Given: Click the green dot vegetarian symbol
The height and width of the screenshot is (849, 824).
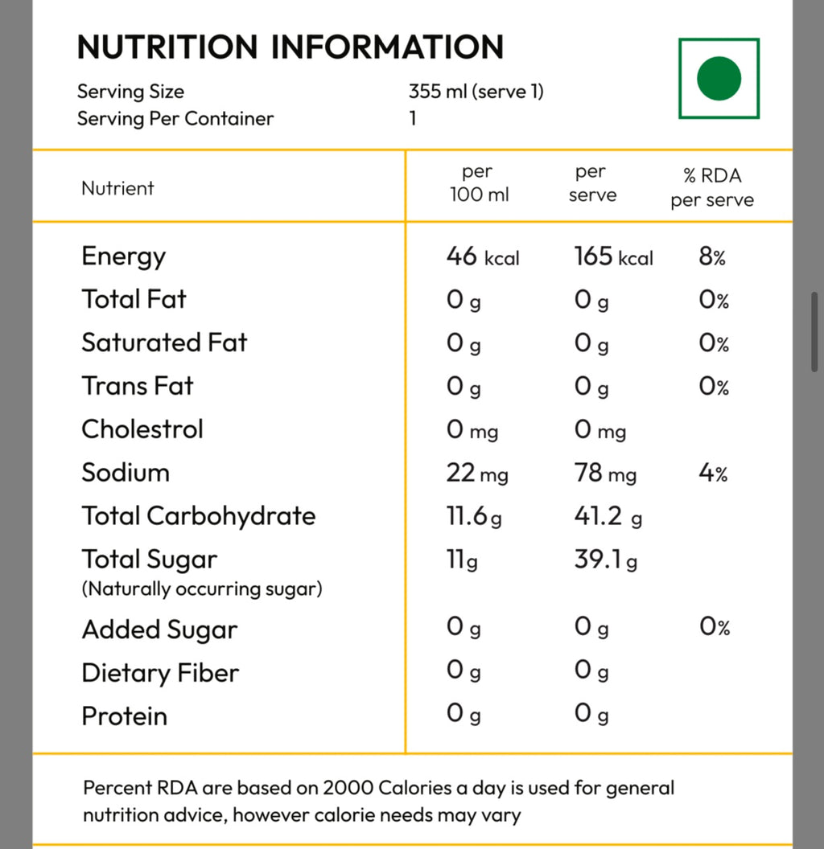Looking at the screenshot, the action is (719, 79).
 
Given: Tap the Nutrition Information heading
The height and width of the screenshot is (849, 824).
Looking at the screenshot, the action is (290, 47).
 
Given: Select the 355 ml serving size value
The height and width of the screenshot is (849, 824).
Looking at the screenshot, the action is (476, 91).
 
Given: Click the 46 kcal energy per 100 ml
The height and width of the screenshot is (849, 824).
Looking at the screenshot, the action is (483, 256).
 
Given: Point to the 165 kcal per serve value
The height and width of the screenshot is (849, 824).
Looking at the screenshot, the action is (614, 256).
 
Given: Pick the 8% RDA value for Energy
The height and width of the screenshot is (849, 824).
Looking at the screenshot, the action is (712, 256).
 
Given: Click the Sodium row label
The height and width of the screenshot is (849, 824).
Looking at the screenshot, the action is (126, 472).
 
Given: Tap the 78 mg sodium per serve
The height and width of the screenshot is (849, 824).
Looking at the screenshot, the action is (606, 473).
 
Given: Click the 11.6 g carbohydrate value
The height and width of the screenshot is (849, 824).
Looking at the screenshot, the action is (474, 516).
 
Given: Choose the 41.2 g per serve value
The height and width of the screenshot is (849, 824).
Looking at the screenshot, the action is (608, 516).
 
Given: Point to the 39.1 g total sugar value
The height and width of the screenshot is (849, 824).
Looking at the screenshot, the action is (606, 560).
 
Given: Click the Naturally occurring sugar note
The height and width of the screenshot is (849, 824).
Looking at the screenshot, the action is (202, 589).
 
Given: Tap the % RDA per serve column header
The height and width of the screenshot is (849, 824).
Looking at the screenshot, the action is (712, 187).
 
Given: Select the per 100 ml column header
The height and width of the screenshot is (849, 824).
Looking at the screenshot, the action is (480, 183).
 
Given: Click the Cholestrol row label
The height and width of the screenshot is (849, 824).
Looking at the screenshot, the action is (142, 429).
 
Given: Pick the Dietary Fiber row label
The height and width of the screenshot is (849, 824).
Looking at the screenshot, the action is (160, 673).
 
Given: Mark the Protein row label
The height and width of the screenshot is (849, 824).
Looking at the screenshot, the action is (125, 716).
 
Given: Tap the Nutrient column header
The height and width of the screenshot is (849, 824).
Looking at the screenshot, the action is (117, 188).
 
